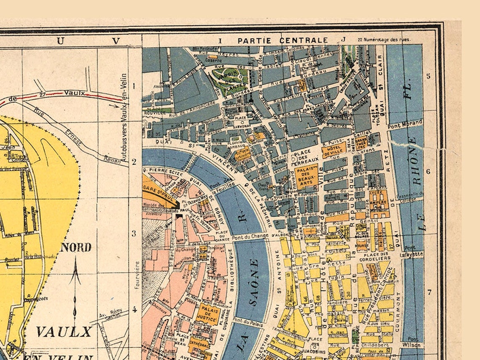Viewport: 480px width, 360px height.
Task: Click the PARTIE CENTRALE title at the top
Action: coord(283,40)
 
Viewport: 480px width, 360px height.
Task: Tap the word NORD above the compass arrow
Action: coord(76,247)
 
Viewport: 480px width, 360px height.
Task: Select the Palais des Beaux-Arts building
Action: coord(307,176)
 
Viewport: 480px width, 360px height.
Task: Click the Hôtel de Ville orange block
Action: coord(334,150)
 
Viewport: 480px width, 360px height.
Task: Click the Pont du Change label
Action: coord(250,236)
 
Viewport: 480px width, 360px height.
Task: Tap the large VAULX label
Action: coord(64,331)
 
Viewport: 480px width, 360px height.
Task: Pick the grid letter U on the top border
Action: coord(61,41)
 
